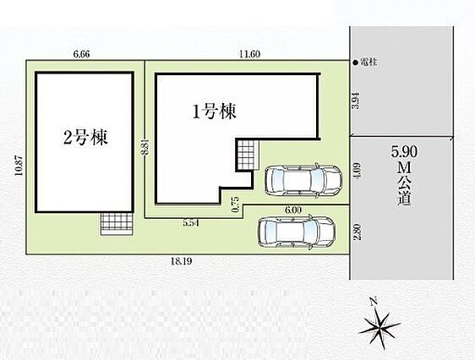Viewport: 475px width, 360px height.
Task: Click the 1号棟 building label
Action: pyautogui.click(x=215, y=112)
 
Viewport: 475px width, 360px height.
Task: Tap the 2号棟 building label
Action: pyautogui.click(x=85, y=137)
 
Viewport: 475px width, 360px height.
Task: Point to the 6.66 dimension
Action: pyautogui.click(x=81, y=54)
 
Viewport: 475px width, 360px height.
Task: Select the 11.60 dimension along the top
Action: pyautogui.click(x=249, y=54)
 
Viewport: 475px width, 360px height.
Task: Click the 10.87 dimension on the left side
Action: pyautogui.click(x=19, y=166)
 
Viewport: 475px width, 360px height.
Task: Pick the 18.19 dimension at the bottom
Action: pyautogui.click(x=182, y=261)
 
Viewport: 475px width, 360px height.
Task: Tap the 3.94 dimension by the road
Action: pyautogui.click(x=357, y=101)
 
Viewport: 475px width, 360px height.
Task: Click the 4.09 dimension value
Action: pyautogui.click(x=357, y=171)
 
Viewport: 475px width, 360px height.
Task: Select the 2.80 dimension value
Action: pyautogui.click(x=358, y=232)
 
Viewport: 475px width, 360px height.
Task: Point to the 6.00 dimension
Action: pyautogui.click(x=293, y=210)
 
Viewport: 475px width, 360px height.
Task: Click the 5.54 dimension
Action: pyautogui.click(x=191, y=223)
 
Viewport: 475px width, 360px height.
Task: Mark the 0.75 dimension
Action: pyautogui.click(x=236, y=205)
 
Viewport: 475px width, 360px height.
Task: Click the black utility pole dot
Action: pyautogui.click(x=356, y=63)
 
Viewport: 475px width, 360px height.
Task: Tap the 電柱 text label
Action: pyautogui.click(x=369, y=63)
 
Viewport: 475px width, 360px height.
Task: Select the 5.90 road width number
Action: pyautogui.click(x=404, y=151)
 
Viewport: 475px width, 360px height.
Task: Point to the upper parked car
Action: pyautogui.click(x=303, y=181)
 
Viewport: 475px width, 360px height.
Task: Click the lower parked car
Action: pyautogui.click(x=297, y=232)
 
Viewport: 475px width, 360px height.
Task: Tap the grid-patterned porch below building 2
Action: pyautogui.click(x=117, y=223)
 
